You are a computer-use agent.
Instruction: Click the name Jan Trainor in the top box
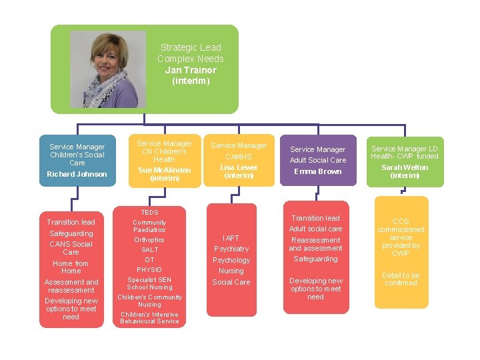tap(191, 70)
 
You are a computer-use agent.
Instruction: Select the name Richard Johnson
tap(77, 174)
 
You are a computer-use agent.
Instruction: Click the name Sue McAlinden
tap(164, 170)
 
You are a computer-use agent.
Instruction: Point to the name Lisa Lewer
tap(239, 167)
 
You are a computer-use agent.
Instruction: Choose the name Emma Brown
tap(318, 171)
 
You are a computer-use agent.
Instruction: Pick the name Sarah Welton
tap(405, 167)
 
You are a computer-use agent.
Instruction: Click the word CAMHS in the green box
tap(239, 157)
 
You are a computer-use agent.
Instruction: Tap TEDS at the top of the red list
tap(149, 213)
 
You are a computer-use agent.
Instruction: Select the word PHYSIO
tap(149, 269)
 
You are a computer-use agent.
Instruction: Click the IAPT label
tap(231, 238)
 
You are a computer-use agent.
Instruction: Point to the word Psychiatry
tap(231, 249)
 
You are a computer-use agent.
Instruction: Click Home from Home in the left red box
tap(71, 267)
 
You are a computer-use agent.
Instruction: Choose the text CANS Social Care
tap(71, 248)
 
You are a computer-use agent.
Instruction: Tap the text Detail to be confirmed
tap(401, 279)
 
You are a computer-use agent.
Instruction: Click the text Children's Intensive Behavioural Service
tap(149, 317)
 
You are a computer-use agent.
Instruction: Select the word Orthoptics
tap(149, 240)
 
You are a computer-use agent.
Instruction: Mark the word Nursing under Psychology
tap(231, 271)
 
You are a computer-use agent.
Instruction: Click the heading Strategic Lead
tap(191, 47)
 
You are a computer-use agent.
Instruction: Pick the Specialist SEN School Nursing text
tap(149, 283)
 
